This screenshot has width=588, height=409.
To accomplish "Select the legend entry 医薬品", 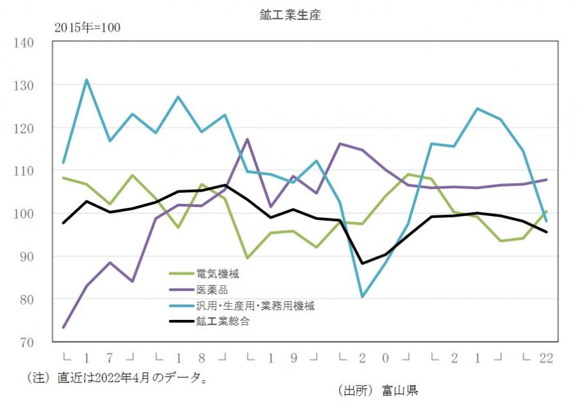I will [x=212, y=290].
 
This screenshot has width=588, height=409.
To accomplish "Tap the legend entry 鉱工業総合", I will [x=222, y=321].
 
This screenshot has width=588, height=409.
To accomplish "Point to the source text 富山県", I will [x=400, y=390].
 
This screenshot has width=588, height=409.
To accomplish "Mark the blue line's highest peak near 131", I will [x=86, y=80].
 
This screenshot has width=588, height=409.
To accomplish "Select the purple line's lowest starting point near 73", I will [x=63, y=328].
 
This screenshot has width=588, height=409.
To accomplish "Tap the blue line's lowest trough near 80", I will [x=362, y=297].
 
